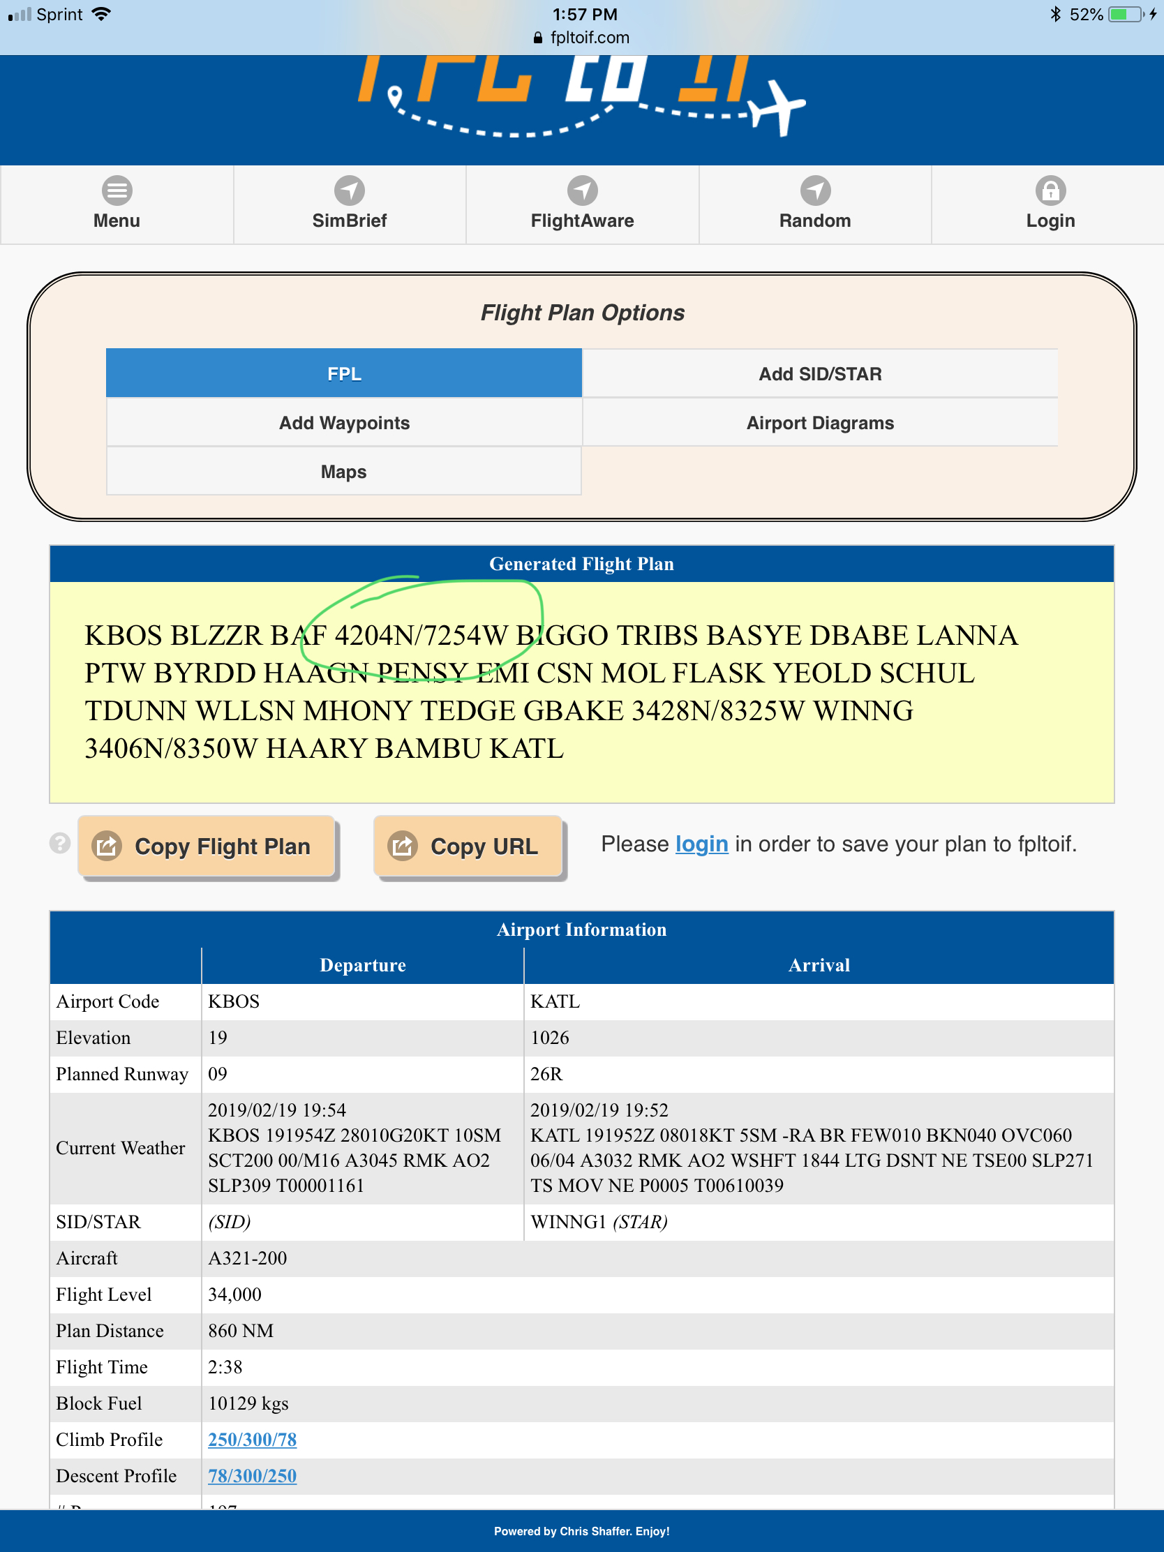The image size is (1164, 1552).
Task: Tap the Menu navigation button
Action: [117, 204]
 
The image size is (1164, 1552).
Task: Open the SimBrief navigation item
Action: [350, 204]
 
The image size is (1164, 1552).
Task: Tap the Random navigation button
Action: [814, 204]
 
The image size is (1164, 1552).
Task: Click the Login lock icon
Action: [1050, 191]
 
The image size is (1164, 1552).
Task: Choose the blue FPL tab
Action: [344, 374]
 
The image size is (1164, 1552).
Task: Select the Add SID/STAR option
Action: [819, 374]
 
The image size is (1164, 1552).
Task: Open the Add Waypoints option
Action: [344, 423]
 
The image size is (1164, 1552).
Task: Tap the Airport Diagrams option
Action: [819, 423]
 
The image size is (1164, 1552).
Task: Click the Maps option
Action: [344, 472]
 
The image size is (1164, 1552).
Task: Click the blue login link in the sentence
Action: [701, 844]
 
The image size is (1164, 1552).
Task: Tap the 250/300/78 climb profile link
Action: [252, 1439]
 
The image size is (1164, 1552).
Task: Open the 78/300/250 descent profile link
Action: [252, 1475]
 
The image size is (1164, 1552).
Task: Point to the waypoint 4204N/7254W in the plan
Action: [420, 636]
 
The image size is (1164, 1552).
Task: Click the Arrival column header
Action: [819, 965]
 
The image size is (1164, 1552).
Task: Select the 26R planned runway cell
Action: [546, 1074]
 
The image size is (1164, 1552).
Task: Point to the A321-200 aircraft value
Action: [248, 1258]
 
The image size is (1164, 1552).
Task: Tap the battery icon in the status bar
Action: [1126, 15]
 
